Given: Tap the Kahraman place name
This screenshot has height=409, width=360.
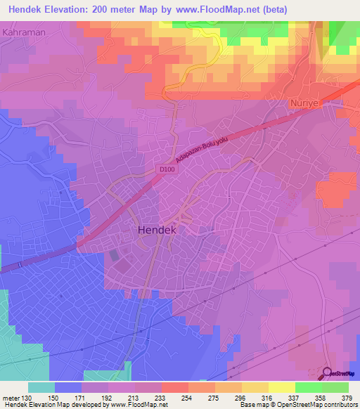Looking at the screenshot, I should (x=25, y=32).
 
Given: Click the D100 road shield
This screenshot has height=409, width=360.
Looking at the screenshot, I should (x=166, y=169).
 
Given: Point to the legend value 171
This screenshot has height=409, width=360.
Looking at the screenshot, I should (x=82, y=397).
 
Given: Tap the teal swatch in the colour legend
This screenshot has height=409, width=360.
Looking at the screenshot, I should (x=41, y=387).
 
